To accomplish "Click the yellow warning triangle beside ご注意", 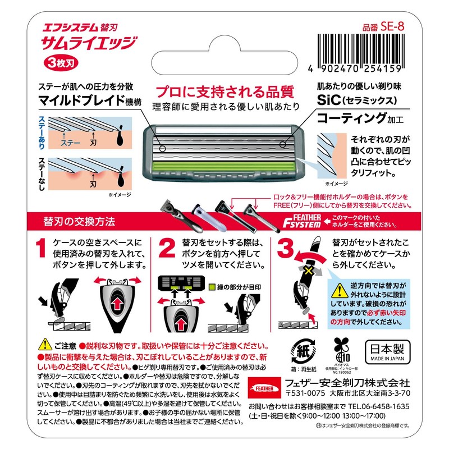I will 43,343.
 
